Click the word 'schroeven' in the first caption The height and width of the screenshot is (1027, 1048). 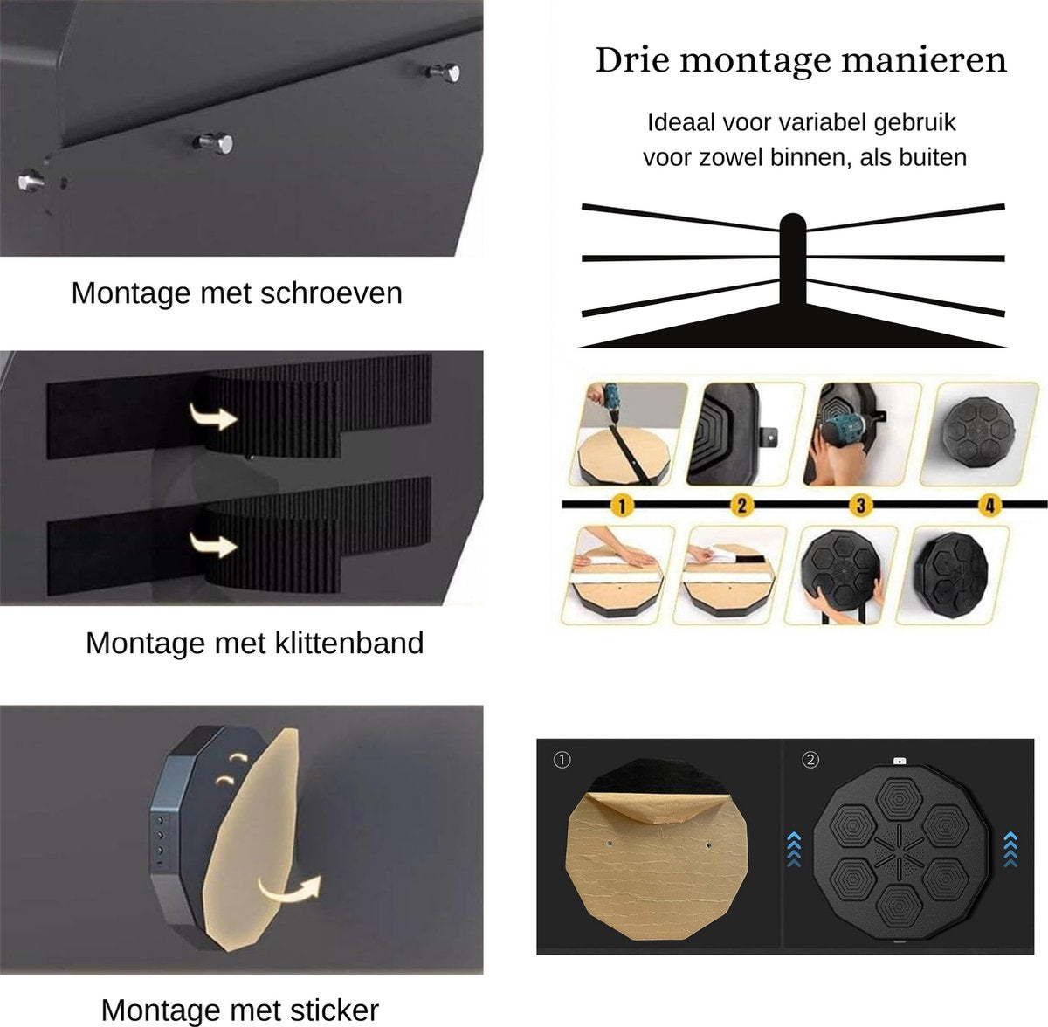pyautogui.click(x=331, y=293)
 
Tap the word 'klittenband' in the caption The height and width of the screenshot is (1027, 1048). pyautogui.click(x=349, y=643)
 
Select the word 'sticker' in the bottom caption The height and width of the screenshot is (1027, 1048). pyautogui.click(x=334, y=995)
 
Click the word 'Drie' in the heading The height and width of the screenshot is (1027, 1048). pyautogui.click(x=632, y=60)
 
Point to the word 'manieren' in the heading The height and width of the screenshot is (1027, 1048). pyautogui.click(x=924, y=60)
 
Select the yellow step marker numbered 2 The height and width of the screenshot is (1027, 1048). pyautogui.click(x=741, y=506)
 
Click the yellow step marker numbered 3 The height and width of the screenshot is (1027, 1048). pyautogui.click(x=860, y=506)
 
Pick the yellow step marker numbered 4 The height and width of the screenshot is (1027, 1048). pyautogui.click(x=989, y=506)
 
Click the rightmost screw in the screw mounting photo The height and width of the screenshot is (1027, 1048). pyautogui.click(x=444, y=72)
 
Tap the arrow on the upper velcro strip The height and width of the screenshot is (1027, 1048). pyautogui.click(x=213, y=417)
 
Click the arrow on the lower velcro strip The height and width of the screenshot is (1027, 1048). pyautogui.click(x=213, y=544)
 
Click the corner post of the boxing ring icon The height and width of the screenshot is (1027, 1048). pyautogui.click(x=792, y=260)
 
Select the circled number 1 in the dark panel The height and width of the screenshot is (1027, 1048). pyautogui.click(x=562, y=760)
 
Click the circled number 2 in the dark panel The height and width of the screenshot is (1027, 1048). pyautogui.click(x=810, y=760)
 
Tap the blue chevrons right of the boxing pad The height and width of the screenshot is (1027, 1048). pyautogui.click(x=1010, y=849)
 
